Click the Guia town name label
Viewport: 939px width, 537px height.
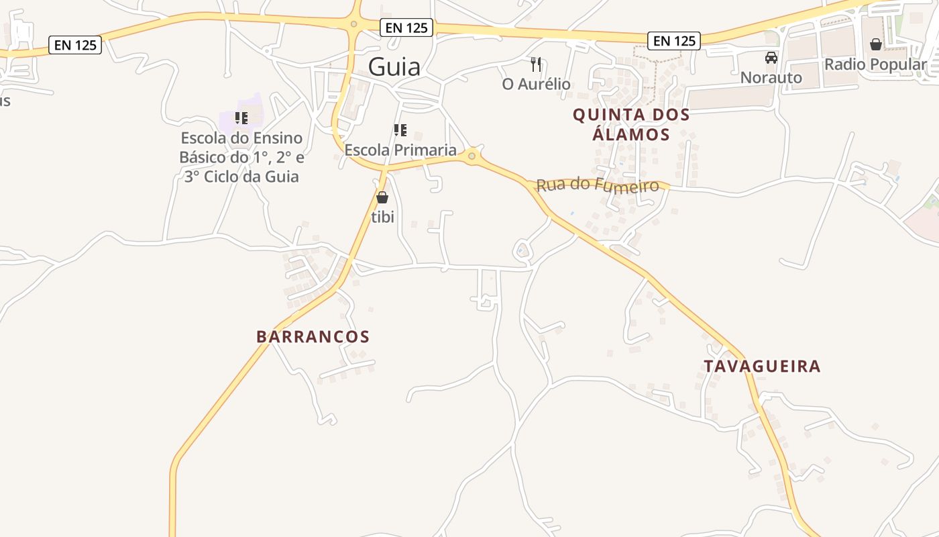tap(394, 67)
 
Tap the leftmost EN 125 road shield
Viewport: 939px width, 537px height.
tap(75, 45)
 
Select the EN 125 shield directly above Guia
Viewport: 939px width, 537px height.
tap(406, 28)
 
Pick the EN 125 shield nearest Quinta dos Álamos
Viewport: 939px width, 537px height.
tap(674, 41)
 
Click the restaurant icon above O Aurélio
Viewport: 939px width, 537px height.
tap(535, 64)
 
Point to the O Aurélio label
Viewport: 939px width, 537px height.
tap(536, 84)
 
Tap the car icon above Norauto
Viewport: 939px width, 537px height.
tap(771, 58)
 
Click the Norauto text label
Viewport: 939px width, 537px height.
tap(771, 77)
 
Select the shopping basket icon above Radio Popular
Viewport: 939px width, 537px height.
tap(875, 44)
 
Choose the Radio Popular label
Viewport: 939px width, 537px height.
tap(875, 64)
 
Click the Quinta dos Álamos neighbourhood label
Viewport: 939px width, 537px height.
tap(631, 124)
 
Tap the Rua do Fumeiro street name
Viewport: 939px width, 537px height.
tap(598, 185)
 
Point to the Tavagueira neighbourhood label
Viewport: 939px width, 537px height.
tap(762, 366)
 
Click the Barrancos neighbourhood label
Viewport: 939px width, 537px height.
tap(313, 336)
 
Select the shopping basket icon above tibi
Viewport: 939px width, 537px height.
tap(382, 197)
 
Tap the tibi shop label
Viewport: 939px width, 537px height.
tap(382, 217)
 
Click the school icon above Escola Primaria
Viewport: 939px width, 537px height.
tap(400, 130)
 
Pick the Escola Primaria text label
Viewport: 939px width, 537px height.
tap(400, 150)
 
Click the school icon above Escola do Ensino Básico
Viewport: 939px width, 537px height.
tap(241, 118)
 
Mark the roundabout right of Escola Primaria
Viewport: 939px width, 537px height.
tap(472, 156)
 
